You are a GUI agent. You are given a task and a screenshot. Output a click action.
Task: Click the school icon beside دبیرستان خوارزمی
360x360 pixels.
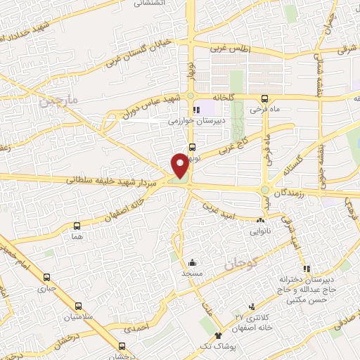[x=196, y=110]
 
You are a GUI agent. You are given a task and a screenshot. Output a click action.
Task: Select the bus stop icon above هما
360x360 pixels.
[x=77, y=226]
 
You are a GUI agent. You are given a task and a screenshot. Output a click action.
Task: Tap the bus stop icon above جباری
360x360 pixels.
[x=47, y=277]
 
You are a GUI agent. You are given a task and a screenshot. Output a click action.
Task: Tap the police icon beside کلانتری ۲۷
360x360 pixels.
[x=252, y=307]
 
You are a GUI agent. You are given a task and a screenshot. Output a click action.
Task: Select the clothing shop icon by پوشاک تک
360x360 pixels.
[x=219, y=336]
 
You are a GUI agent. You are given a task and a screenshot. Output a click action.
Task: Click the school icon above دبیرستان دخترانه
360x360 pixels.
[x=305, y=268]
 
